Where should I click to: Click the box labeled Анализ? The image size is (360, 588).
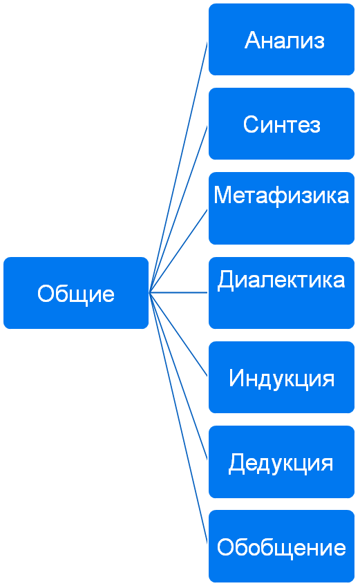coord(281,39)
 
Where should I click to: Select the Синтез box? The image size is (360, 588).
coord(281,124)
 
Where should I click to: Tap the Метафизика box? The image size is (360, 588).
coord(281,208)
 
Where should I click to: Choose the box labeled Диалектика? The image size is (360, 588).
coord(281,293)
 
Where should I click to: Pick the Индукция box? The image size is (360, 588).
coord(281,377)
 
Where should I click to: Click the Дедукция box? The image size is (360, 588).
coord(281,462)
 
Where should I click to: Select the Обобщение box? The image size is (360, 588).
coord(281,546)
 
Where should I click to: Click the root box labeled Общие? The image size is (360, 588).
coord(76,293)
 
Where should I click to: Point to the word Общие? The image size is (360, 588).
coord(76,294)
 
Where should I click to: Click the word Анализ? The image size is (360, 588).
coord(285,40)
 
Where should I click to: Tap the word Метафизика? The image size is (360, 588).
coord(281,196)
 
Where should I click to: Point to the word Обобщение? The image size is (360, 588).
coord(281,547)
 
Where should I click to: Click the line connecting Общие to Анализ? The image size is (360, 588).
coord(178,167)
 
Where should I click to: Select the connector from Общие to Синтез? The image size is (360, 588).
coord(178,209)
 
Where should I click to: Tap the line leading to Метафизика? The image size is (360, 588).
coord(178,252)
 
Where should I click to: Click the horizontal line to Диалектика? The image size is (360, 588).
coord(178,292)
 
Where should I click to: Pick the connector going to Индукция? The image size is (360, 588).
coord(178,334)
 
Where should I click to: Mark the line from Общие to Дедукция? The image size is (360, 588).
coord(178,377)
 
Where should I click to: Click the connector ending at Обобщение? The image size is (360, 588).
coord(178,418)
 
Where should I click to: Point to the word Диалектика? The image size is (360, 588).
coord(281,281)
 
